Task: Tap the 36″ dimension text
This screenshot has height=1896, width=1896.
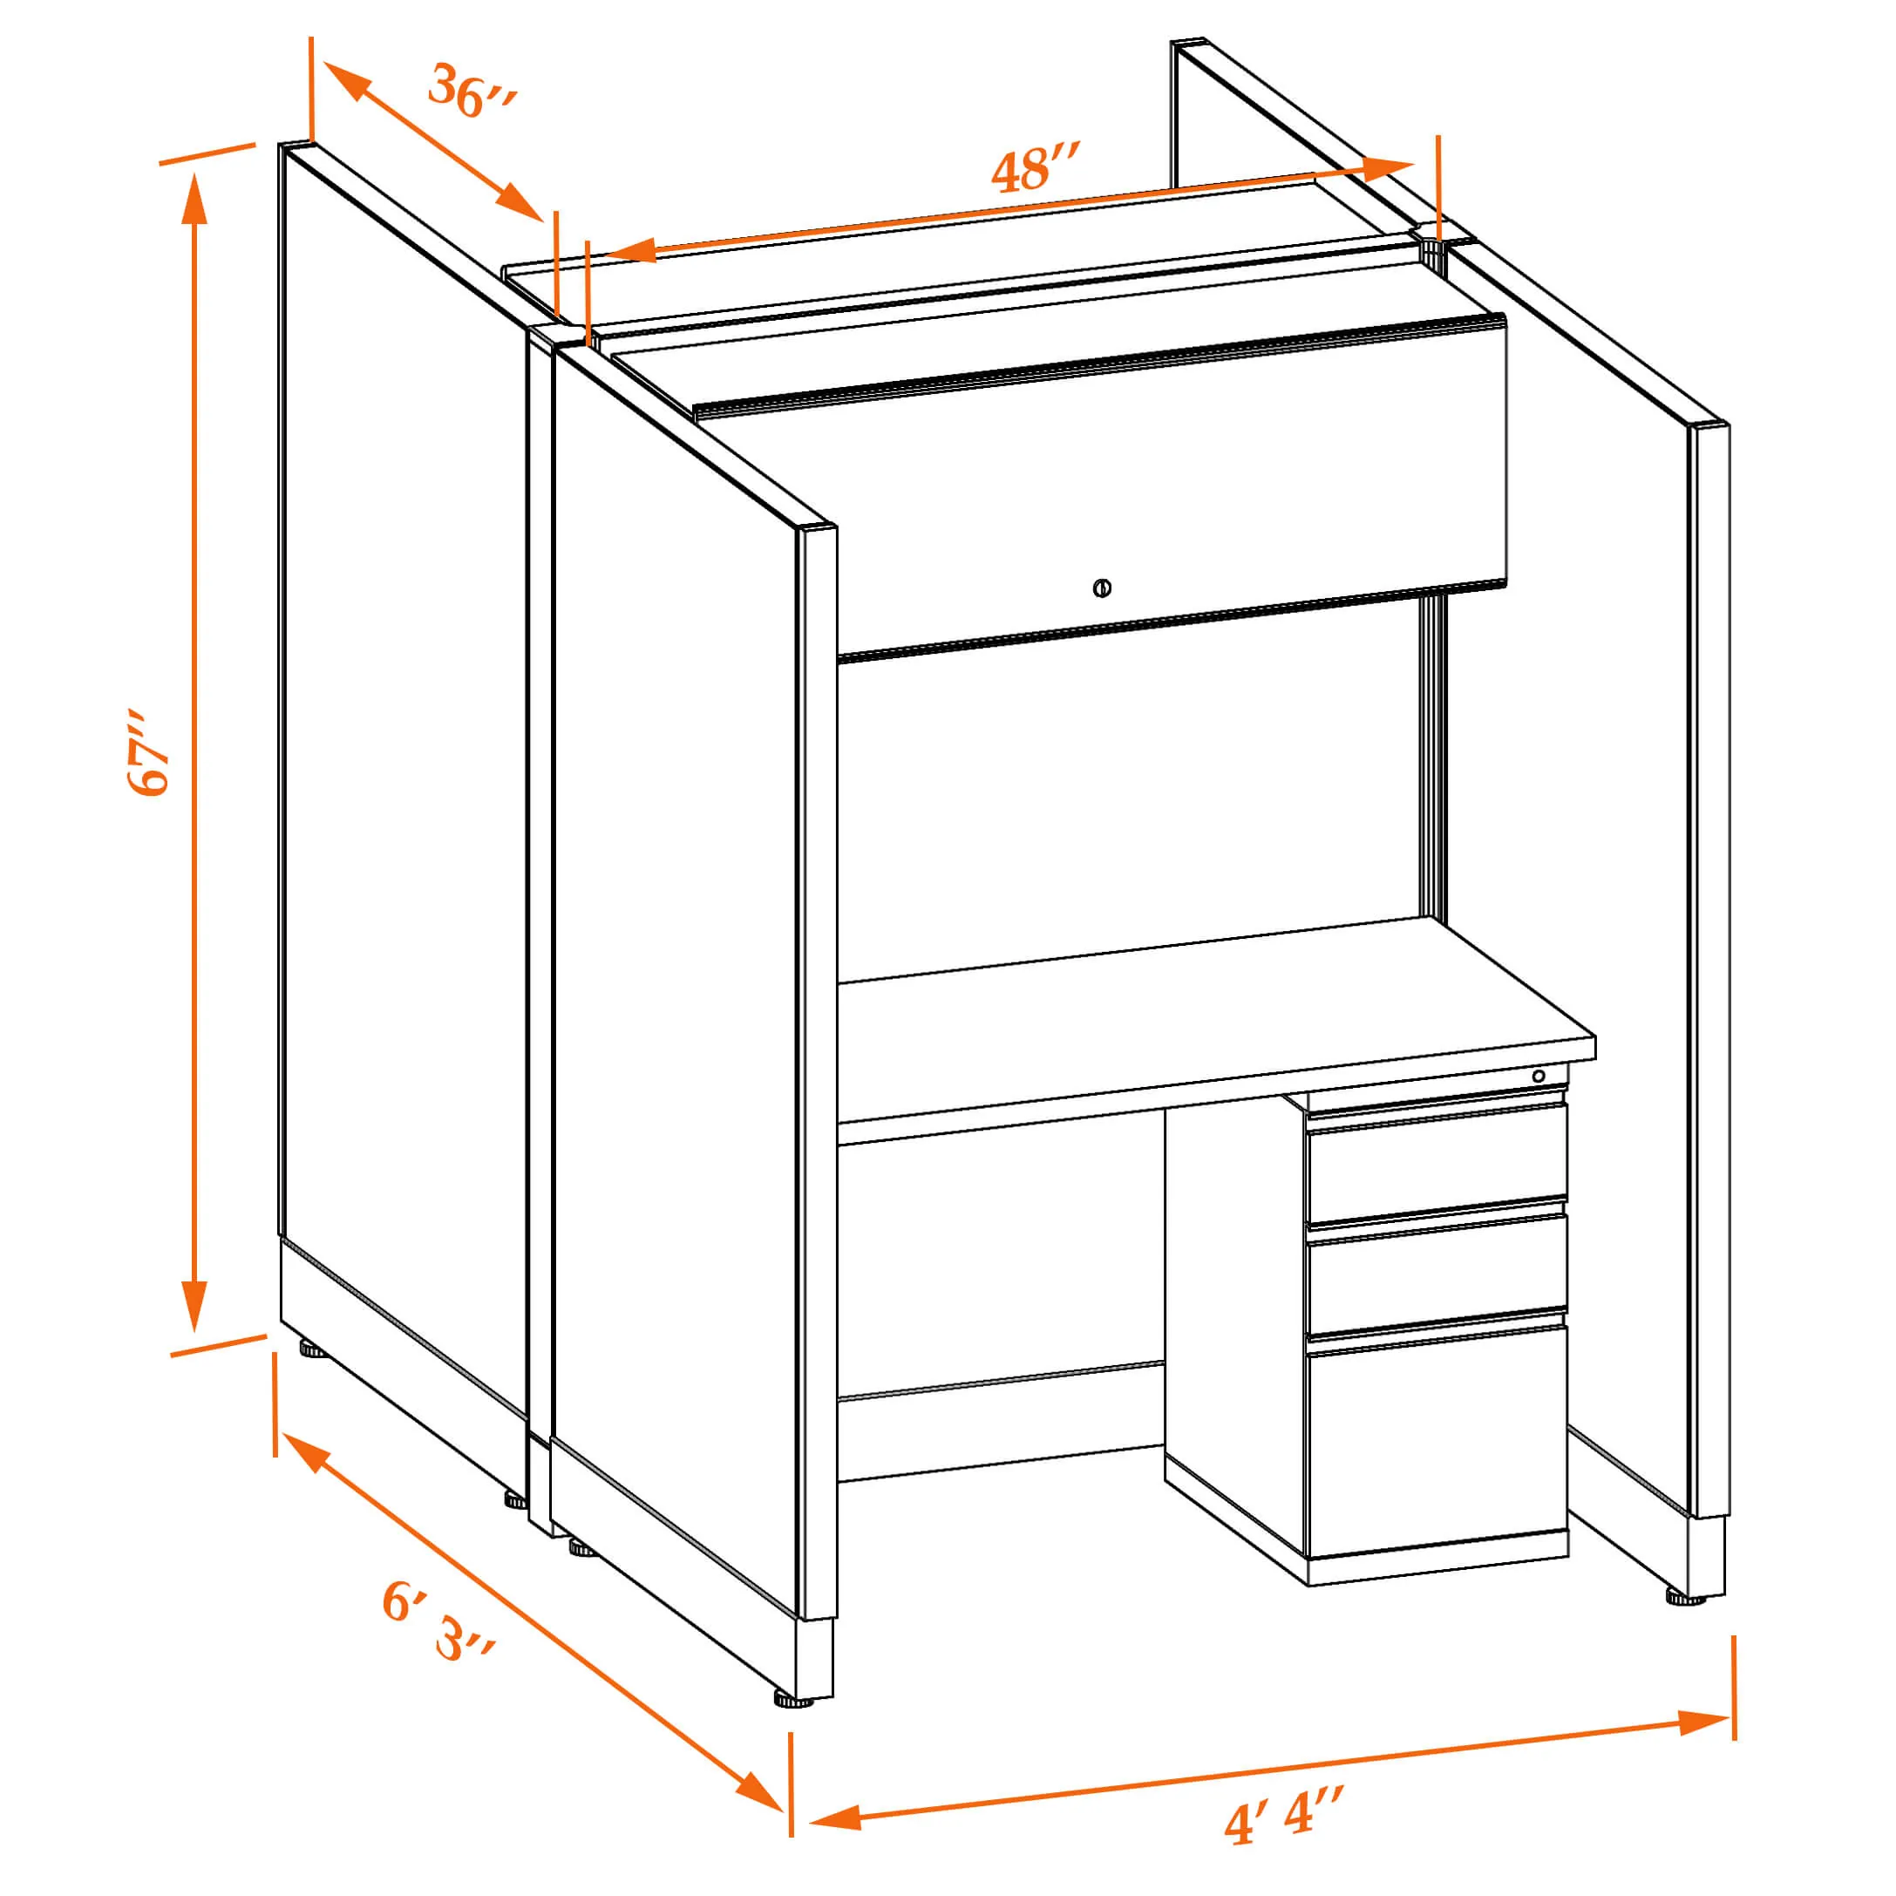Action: pos(472,92)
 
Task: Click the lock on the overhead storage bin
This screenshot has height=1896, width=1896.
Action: pos(1101,588)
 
